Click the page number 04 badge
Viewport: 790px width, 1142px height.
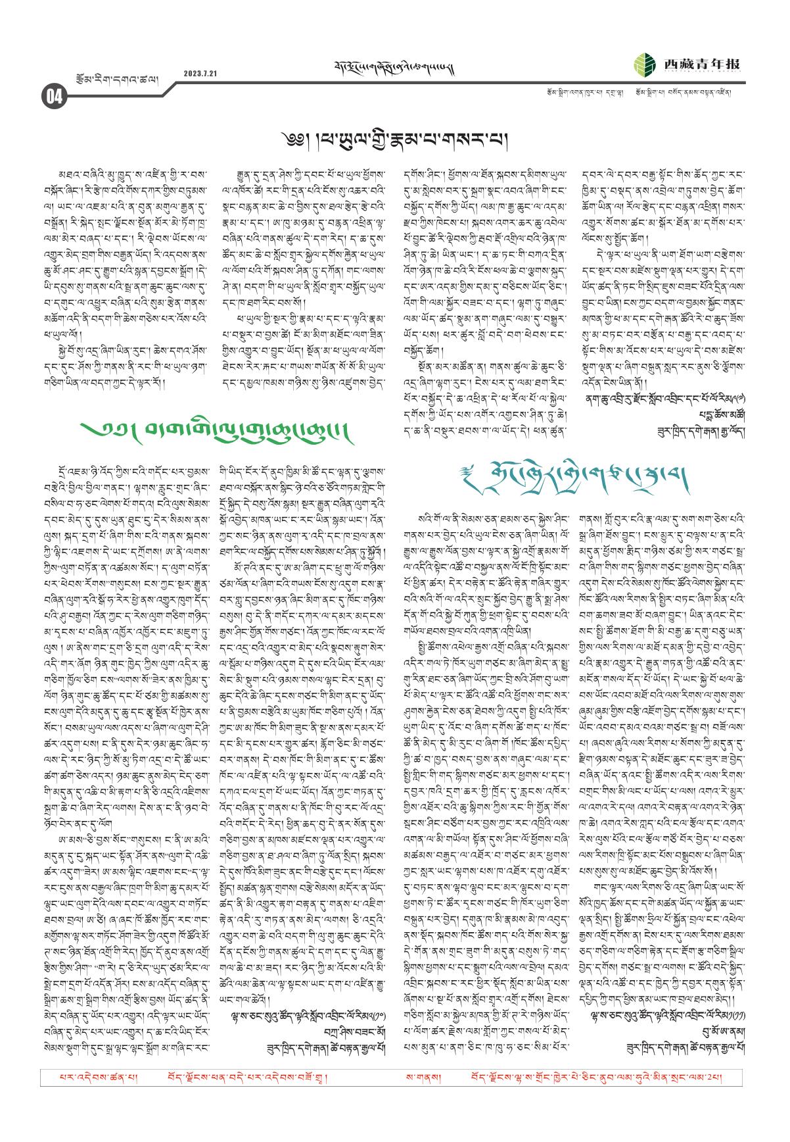pos(53,97)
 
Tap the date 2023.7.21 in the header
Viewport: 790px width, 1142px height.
pos(200,73)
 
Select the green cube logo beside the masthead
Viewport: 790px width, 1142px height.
pos(645,64)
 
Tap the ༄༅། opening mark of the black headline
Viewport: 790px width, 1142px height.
pos(289,140)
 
